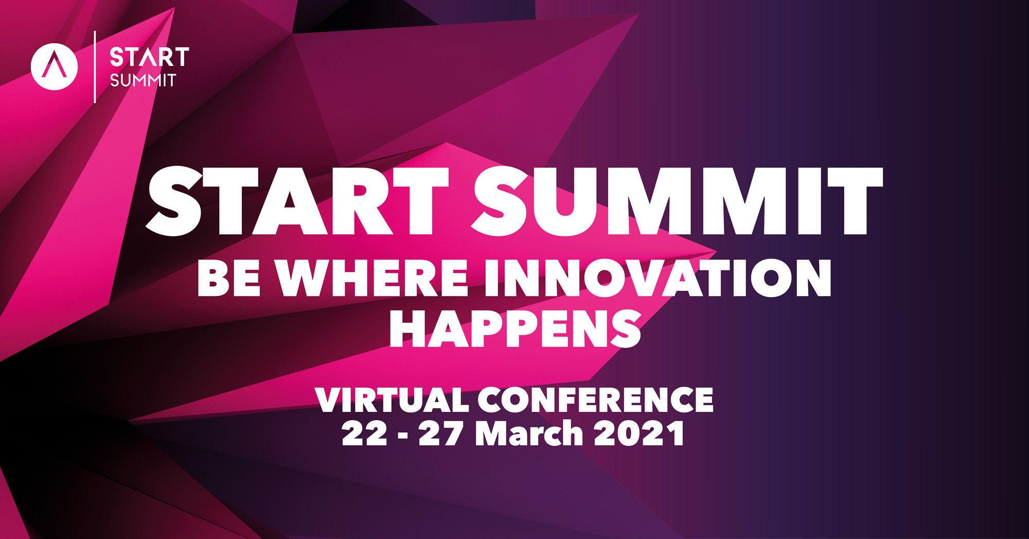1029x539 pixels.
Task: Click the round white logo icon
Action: pyautogui.click(x=54, y=67)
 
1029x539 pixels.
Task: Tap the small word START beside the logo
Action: pyautogui.click(x=149, y=57)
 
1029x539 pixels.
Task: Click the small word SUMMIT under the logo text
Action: pyautogui.click(x=143, y=81)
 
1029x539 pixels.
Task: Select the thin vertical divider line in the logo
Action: pyautogui.click(x=95, y=67)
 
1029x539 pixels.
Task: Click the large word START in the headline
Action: pyautogui.click(x=297, y=201)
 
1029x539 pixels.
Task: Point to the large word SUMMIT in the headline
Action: pyautogui.click(x=677, y=201)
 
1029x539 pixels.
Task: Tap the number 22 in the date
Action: pyautogui.click(x=364, y=433)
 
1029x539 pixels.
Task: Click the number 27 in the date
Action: pyautogui.click(x=440, y=433)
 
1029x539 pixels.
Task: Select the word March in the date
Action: pyautogui.click(x=528, y=433)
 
